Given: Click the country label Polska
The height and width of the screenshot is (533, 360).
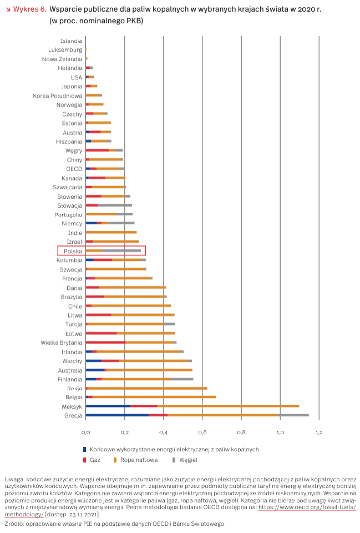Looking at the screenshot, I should pyautogui.click(x=73, y=251).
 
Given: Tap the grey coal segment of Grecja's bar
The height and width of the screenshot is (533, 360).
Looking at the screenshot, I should pyautogui.click(x=293, y=415).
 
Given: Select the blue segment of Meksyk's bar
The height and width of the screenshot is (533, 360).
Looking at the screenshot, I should pyautogui.click(x=108, y=406).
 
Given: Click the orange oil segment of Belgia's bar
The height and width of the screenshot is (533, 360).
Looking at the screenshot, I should pyautogui.click(x=154, y=397).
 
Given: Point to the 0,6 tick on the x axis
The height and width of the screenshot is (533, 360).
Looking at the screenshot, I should pyautogui.click(x=202, y=431).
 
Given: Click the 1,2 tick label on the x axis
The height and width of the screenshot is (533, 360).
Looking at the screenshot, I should pyautogui.click(x=319, y=431).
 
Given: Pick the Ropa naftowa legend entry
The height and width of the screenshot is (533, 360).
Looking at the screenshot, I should pyautogui.click(x=139, y=460).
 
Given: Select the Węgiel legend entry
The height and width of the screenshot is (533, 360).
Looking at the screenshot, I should pyautogui.click(x=187, y=460).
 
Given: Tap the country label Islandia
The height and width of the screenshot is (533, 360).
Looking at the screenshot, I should pyautogui.click(x=72, y=41).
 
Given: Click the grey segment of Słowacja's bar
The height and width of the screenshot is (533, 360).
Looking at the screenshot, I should pyautogui.click(x=115, y=205).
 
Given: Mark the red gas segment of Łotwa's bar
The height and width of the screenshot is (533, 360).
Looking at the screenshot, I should pyautogui.click(x=101, y=333).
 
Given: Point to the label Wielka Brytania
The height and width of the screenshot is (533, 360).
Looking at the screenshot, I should pyautogui.click(x=61, y=343).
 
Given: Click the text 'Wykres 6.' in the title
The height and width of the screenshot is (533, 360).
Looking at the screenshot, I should pyautogui.click(x=28, y=9).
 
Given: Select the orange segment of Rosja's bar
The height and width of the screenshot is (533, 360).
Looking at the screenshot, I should pyautogui.click(x=147, y=388).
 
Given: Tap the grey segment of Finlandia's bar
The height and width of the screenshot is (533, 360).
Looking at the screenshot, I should pyautogui.click(x=182, y=379).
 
